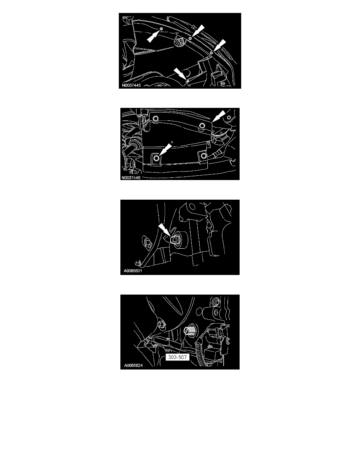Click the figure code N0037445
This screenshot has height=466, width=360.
[x=131, y=85]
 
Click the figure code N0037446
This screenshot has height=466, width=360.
[x=131, y=178]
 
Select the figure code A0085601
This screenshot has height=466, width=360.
[x=133, y=271]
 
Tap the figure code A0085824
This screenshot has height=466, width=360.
[x=133, y=365]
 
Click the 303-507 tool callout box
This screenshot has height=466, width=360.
[x=177, y=357]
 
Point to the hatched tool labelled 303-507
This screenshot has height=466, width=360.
[x=189, y=330]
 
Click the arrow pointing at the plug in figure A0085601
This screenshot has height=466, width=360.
[x=164, y=230]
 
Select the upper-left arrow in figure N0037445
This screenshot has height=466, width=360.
[x=154, y=35]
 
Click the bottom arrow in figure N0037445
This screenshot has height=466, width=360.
[x=180, y=74]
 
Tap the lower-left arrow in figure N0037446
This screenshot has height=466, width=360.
[x=165, y=149]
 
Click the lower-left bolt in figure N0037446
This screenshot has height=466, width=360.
[x=156, y=158]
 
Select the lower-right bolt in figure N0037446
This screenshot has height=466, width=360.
[x=203, y=156]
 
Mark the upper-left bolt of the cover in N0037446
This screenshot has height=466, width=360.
[x=155, y=119]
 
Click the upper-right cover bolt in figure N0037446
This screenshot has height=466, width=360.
[x=202, y=126]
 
